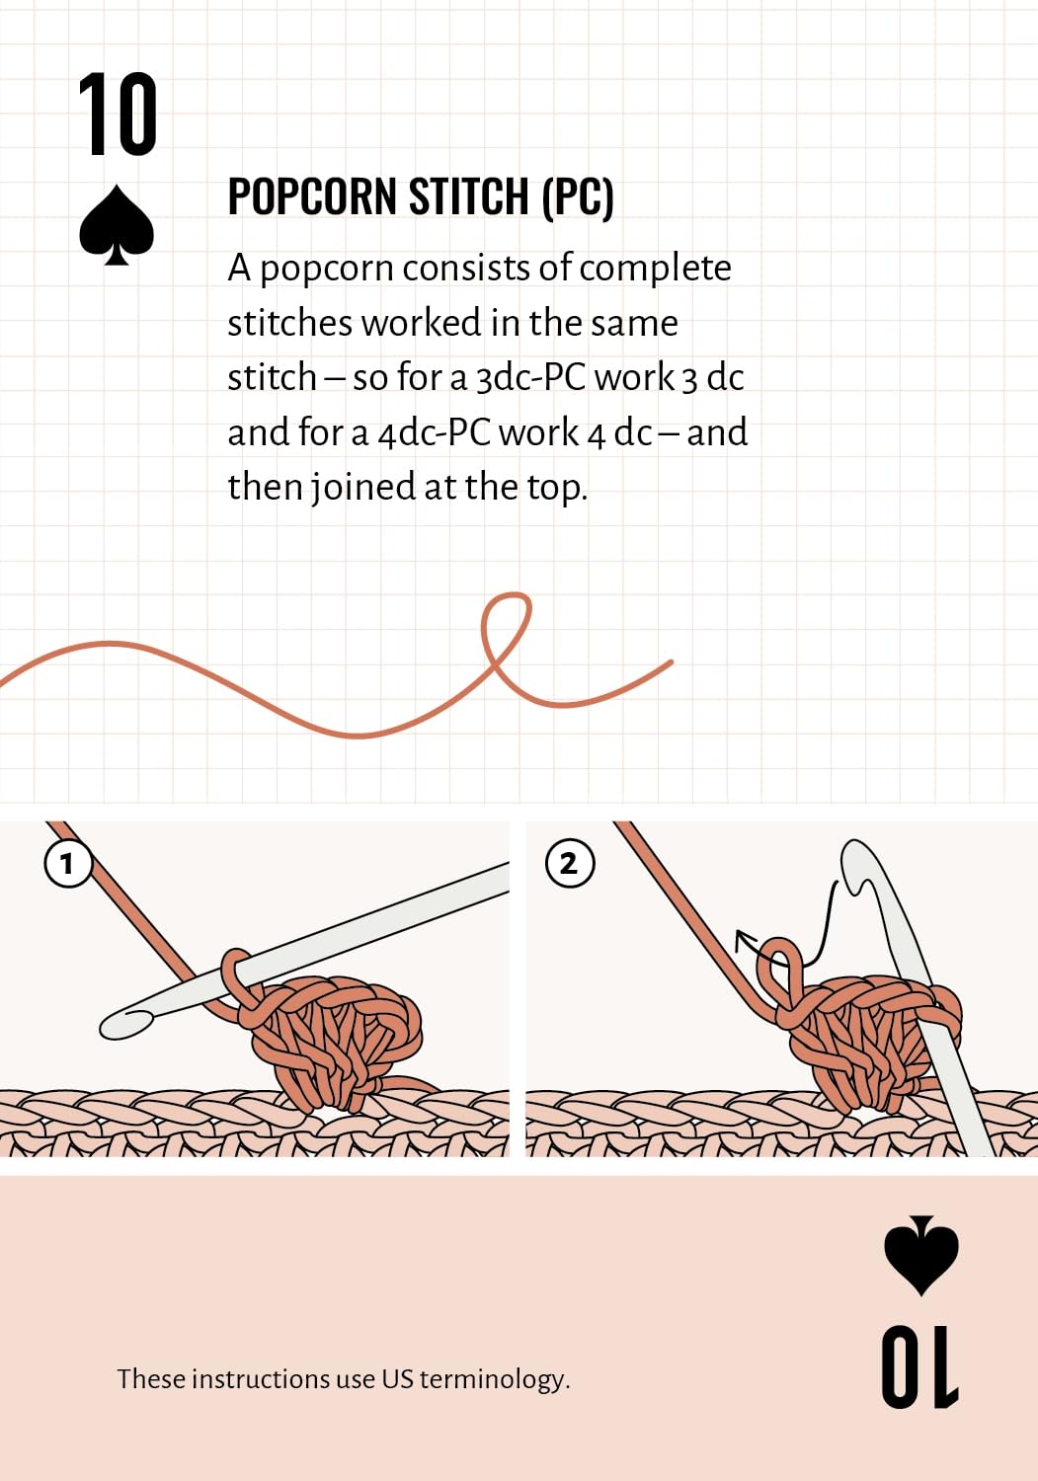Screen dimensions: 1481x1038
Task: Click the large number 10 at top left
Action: (118, 116)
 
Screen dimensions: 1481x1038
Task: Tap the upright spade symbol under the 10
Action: (117, 225)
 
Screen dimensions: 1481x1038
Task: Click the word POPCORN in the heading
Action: (313, 196)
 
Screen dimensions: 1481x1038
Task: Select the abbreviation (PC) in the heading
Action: (577, 196)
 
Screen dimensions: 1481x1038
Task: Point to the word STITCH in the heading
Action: (468, 196)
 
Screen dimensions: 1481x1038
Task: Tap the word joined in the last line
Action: (364, 488)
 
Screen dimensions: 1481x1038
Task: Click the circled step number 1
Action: (68, 863)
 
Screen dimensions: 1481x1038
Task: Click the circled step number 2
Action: (569, 863)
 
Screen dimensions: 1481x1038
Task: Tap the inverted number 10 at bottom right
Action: (919, 1367)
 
